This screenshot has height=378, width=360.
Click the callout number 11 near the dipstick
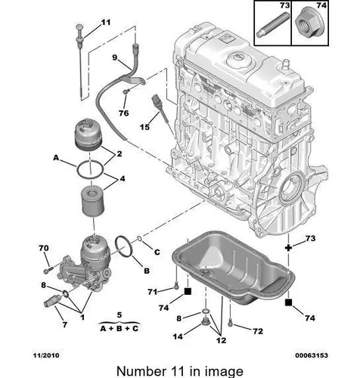click(106, 23)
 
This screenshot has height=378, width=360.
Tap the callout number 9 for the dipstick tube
click(115, 57)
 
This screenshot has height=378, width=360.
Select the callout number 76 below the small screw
click(124, 113)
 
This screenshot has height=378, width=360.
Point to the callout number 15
click(144, 127)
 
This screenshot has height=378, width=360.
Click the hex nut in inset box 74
click(310, 25)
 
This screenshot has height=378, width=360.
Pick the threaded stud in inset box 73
click(273, 26)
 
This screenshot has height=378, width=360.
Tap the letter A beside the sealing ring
click(56, 158)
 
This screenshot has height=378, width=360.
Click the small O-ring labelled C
click(140, 238)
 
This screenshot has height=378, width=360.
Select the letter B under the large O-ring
click(147, 271)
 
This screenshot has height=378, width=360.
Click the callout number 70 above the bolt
click(44, 248)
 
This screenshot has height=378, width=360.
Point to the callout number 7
click(65, 324)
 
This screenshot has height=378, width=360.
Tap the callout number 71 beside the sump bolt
click(153, 292)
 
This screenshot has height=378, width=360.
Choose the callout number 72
click(258, 331)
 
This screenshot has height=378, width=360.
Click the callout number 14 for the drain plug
click(178, 336)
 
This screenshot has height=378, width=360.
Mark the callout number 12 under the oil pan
click(221, 340)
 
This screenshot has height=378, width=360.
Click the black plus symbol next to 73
click(288, 248)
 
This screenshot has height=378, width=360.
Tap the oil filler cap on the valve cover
click(239, 60)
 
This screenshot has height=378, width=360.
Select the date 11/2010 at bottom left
click(46, 355)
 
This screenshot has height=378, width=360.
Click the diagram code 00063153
click(312, 355)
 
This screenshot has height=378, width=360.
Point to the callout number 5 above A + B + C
click(119, 315)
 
